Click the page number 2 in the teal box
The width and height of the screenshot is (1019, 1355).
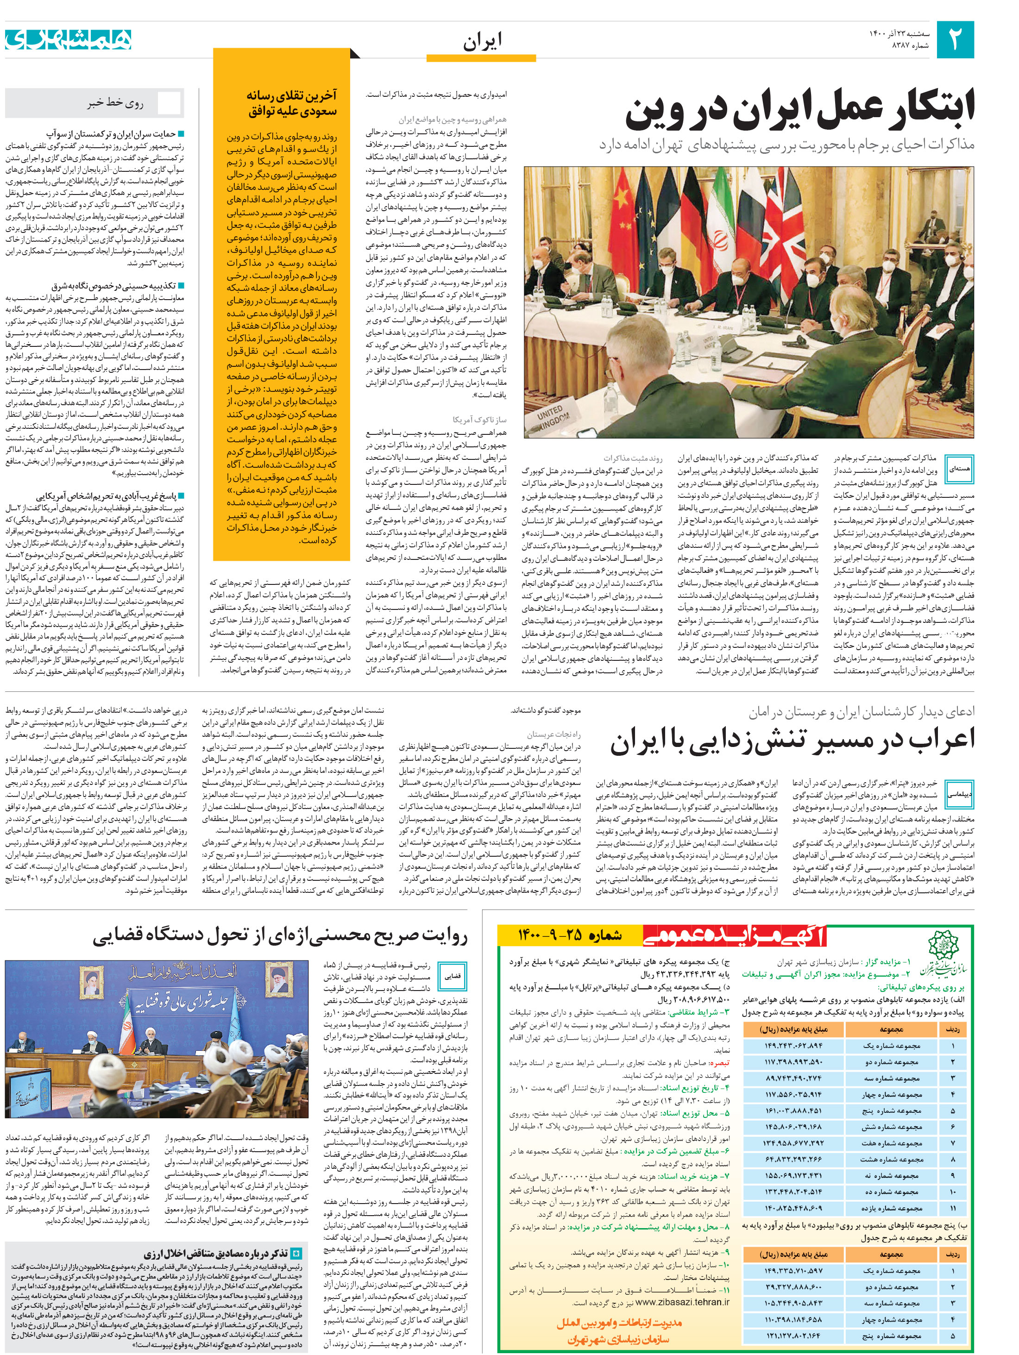coord(955,39)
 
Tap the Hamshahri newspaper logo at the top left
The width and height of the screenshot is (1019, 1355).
coord(68,39)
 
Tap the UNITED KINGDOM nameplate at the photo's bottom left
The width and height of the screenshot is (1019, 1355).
coord(554,416)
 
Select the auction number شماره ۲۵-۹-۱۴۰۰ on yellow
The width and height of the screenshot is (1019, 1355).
coord(570,935)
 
